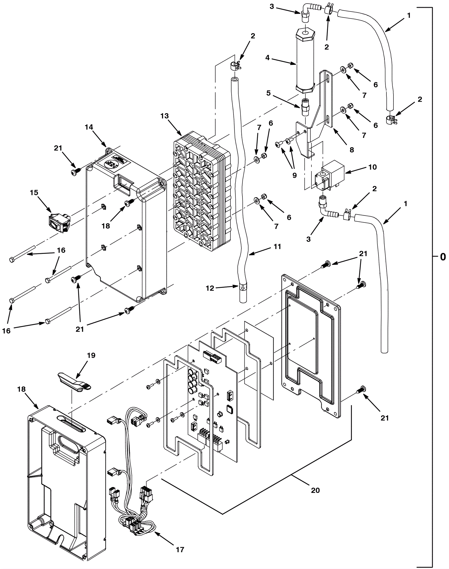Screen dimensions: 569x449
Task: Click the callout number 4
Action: pos(267,58)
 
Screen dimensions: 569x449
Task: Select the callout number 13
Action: pos(165,116)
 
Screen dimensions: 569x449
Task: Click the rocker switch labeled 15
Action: pos(59,223)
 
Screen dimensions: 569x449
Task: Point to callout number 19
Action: pos(91,355)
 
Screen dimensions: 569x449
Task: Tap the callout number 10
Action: pos(372,167)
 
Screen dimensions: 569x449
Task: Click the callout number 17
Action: pos(180,549)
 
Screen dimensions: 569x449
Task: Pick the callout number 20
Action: pos(315,490)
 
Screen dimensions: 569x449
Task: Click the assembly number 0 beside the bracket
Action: pos(443,257)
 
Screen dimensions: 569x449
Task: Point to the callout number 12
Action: pos(210,288)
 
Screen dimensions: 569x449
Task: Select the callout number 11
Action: pos(277,247)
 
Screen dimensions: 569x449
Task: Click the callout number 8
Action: pos(352,150)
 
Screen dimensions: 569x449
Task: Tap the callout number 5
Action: pos(269,93)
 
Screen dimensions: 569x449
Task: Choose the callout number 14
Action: pos(89,127)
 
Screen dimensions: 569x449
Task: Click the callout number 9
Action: pos(294,175)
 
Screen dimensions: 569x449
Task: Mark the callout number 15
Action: pos(34,193)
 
